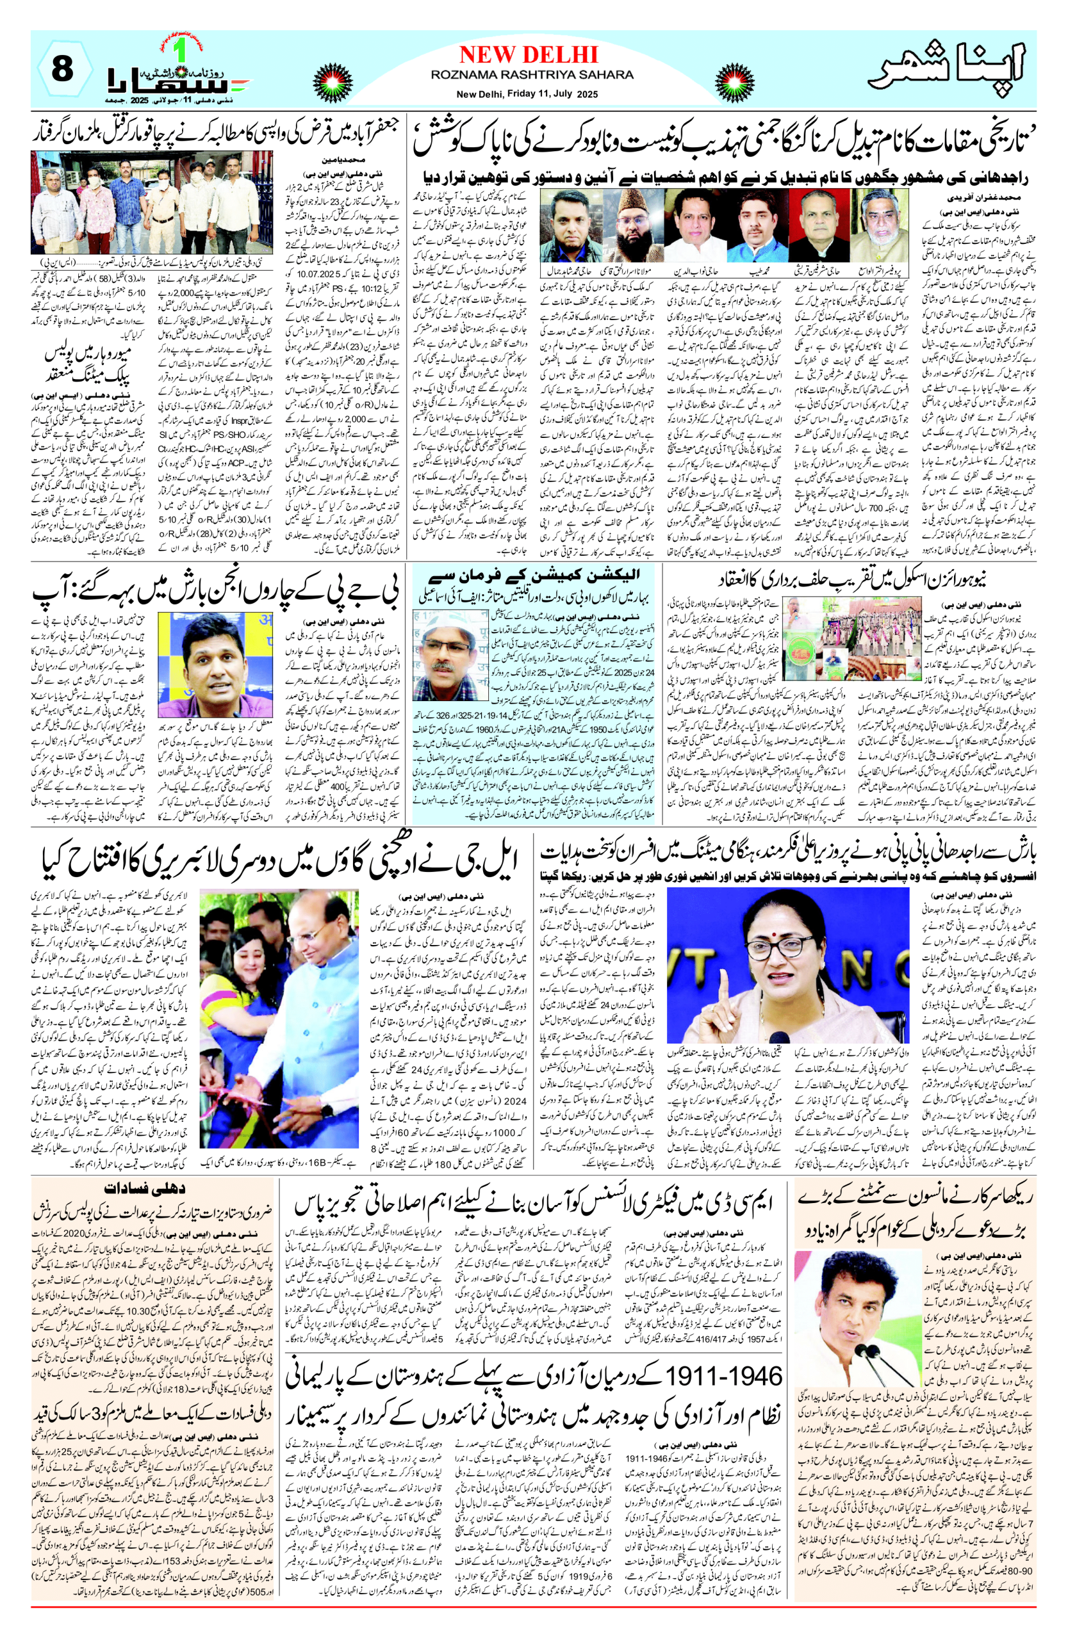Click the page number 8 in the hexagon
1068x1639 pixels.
coord(62,69)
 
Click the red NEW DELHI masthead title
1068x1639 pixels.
coord(529,54)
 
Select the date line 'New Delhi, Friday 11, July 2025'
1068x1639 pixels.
coord(527,94)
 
